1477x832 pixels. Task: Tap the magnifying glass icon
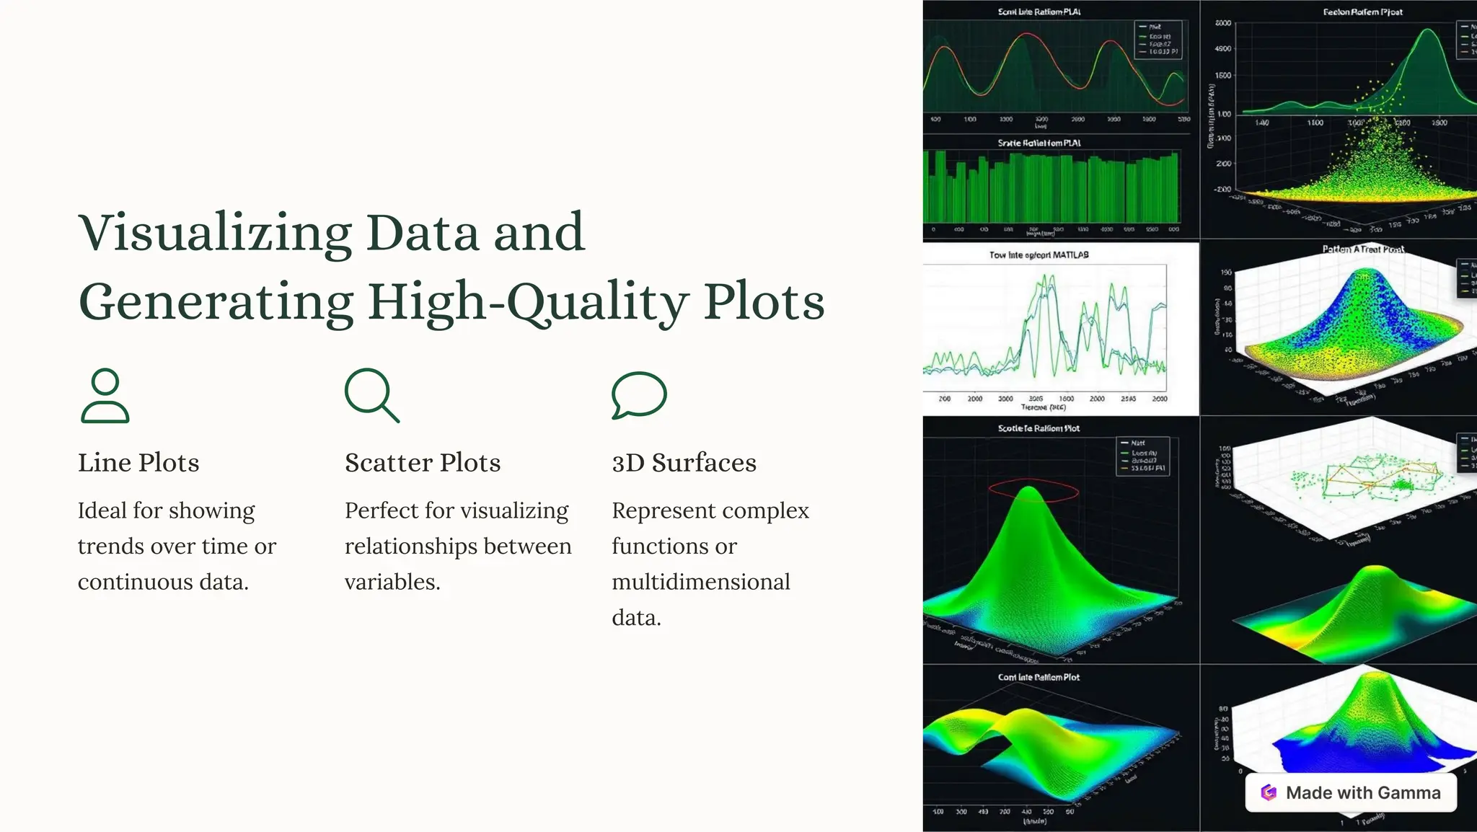click(x=371, y=395)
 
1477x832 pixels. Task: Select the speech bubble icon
click(x=639, y=394)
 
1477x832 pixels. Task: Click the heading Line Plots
click(x=138, y=463)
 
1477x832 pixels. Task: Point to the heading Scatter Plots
click(x=423, y=463)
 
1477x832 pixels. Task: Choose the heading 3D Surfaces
click(x=684, y=463)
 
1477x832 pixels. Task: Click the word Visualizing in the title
click(x=215, y=234)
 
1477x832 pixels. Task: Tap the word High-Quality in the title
click(x=528, y=303)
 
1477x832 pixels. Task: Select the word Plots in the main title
click(x=764, y=303)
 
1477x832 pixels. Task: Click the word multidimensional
click(x=701, y=582)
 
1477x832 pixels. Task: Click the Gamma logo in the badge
click(x=1269, y=793)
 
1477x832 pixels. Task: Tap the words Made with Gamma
click(x=1363, y=793)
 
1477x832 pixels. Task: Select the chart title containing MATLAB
click(x=1039, y=255)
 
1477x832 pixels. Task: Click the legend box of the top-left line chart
click(x=1158, y=40)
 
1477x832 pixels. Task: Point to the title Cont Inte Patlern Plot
click(x=1039, y=678)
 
